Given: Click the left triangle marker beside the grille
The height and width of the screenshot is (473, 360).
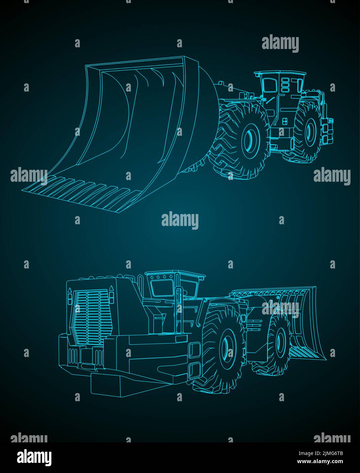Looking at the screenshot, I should click(x=70, y=291).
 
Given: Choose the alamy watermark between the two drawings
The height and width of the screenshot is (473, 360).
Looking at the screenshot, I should click(x=180, y=220).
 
